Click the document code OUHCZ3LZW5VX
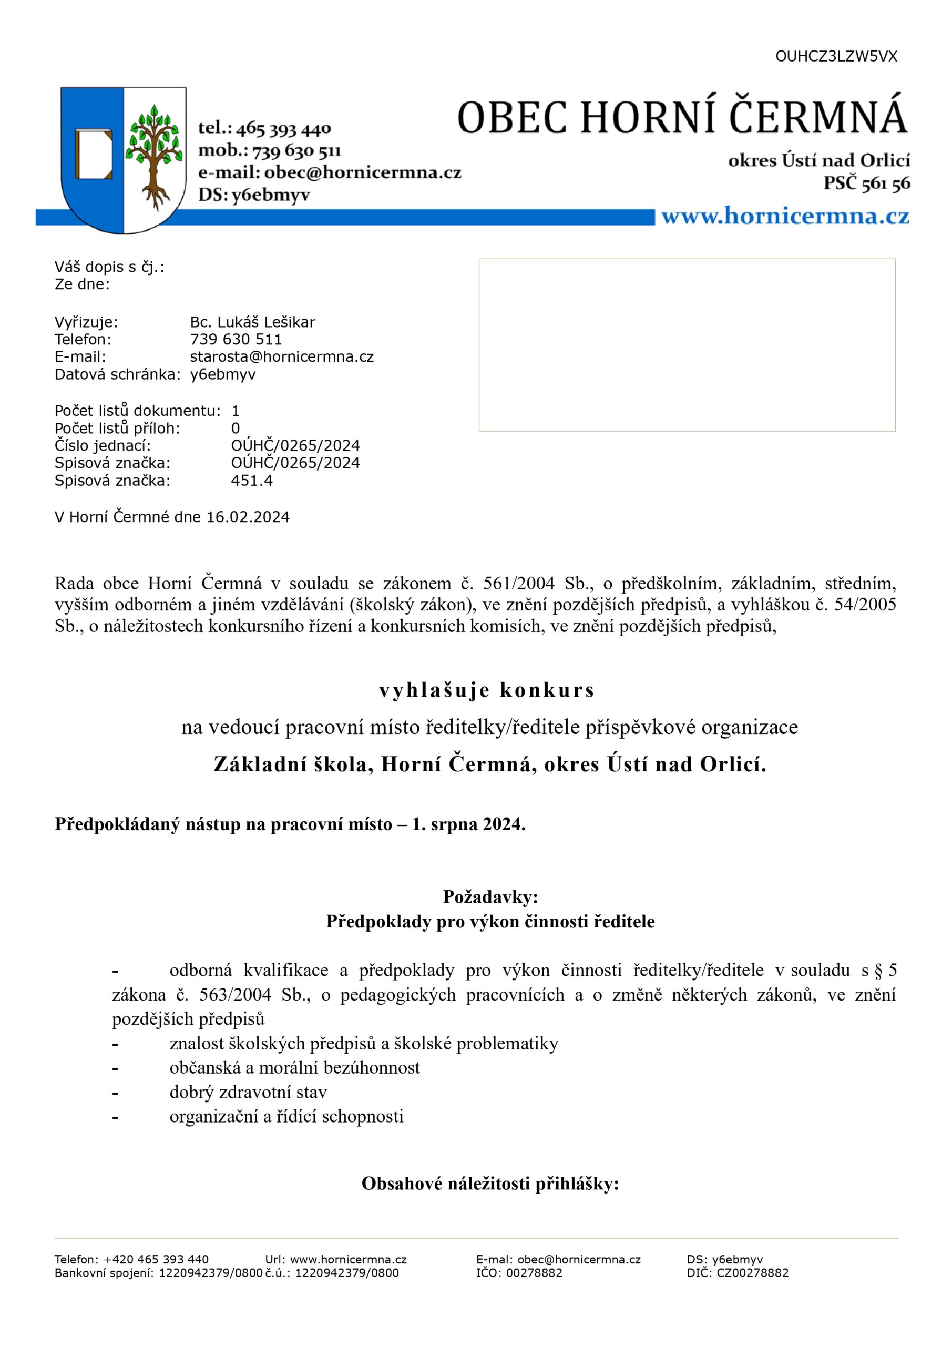tap(836, 56)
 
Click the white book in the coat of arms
tap(93, 154)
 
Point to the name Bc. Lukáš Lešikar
tap(252, 322)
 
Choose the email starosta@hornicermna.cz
tap(281, 356)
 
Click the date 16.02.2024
tap(248, 516)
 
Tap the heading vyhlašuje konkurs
tap(487, 690)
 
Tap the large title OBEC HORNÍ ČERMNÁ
tap(682, 116)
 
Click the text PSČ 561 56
tap(866, 183)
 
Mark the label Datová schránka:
tap(117, 374)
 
